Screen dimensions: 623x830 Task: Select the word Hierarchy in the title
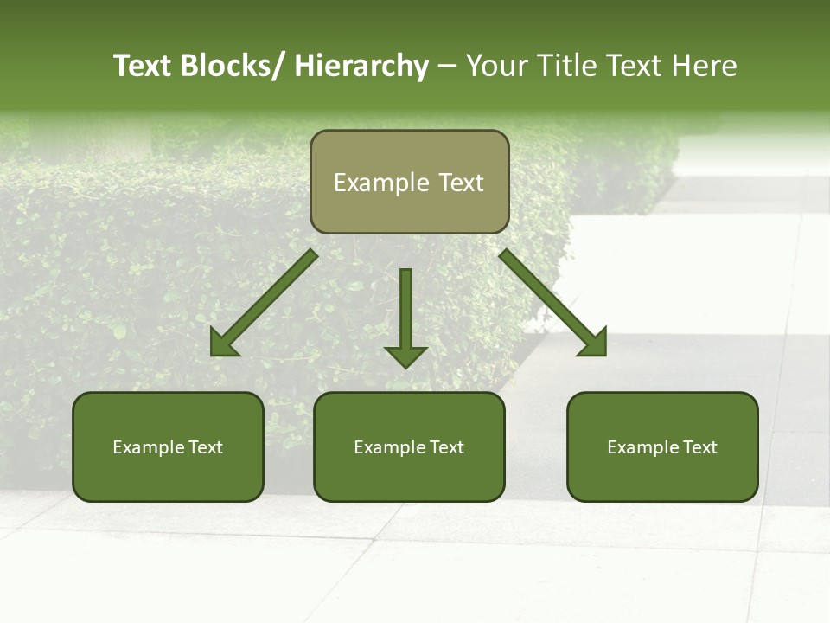pyautogui.click(x=361, y=66)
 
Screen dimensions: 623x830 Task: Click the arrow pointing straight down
pyautogui.click(x=405, y=311)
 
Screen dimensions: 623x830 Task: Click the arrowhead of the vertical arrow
pyautogui.click(x=405, y=356)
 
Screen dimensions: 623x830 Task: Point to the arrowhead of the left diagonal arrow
pyautogui.click(x=224, y=344)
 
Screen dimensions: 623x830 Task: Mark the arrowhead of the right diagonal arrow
pyautogui.click(x=594, y=344)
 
